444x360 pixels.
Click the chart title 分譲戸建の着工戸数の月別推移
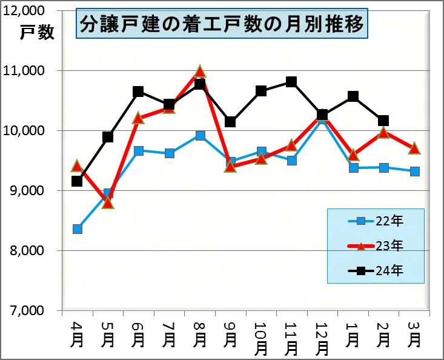(x=222, y=25)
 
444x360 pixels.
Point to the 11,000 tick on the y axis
(x=28, y=71)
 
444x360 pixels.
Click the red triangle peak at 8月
(x=200, y=72)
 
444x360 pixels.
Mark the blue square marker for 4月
(x=78, y=229)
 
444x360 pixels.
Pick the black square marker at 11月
(x=291, y=82)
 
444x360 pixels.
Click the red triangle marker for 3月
(x=414, y=148)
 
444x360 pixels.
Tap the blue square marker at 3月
(x=414, y=172)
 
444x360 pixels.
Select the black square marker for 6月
(x=138, y=92)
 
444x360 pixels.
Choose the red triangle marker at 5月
(x=108, y=202)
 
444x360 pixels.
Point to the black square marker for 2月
(x=383, y=121)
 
